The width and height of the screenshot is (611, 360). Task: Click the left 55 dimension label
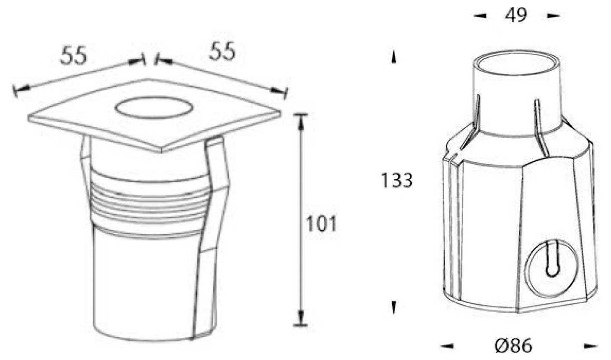74,55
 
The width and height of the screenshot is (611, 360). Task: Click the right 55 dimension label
222,51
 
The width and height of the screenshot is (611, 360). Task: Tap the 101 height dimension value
321,224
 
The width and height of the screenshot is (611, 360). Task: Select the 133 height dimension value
396,180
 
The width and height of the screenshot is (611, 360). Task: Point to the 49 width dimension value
516,15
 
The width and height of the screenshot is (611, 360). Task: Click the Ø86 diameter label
513,345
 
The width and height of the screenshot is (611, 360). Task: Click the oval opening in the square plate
154,108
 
